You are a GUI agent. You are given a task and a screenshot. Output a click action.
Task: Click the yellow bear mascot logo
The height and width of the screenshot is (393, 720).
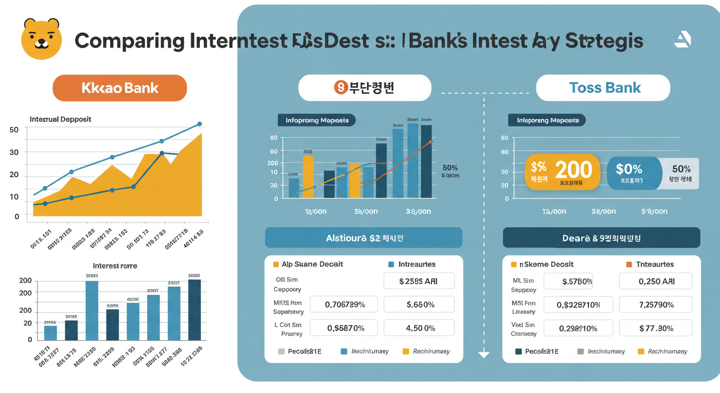click(x=41, y=39)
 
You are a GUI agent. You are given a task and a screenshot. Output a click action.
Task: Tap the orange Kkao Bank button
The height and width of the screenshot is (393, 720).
click(x=120, y=88)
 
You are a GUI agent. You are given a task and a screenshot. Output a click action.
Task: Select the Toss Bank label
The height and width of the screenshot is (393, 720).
click(x=603, y=88)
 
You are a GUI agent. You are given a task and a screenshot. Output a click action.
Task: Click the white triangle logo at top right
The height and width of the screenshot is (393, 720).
click(x=683, y=39)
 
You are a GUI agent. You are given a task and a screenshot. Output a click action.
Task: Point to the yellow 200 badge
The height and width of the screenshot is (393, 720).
click(x=562, y=172)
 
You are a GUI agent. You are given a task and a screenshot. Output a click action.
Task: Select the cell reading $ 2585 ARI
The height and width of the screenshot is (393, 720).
click(x=419, y=281)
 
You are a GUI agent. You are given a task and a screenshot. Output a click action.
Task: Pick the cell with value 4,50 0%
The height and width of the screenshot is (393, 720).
click(x=419, y=328)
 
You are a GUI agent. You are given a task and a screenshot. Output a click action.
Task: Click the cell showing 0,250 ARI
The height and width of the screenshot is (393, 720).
click(x=656, y=281)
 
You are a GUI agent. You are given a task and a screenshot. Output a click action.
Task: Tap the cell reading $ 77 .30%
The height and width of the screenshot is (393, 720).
click(x=656, y=328)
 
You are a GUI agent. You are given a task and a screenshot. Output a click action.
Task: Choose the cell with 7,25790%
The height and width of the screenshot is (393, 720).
click(x=656, y=304)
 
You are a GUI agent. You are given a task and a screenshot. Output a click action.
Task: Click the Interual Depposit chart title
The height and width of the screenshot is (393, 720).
click(x=60, y=119)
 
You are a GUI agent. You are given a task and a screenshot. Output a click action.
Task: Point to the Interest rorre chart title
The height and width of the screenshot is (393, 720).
click(x=115, y=266)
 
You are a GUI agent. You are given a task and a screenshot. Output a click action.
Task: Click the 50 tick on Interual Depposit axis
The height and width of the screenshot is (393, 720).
click(x=14, y=130)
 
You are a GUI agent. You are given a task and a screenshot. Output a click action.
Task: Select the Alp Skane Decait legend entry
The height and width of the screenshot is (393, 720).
click(x=307, y=264)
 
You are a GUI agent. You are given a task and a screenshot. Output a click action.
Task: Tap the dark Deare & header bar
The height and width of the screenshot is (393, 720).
click(x=601, y=238)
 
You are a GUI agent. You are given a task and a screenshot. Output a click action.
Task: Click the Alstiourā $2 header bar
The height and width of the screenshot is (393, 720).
click(x=364, y=238)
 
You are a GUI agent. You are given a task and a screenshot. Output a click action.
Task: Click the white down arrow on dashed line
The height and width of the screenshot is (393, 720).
click(x=483, y=355)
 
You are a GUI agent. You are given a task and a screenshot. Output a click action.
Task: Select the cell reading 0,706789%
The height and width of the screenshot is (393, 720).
click(x=344, y=304)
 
